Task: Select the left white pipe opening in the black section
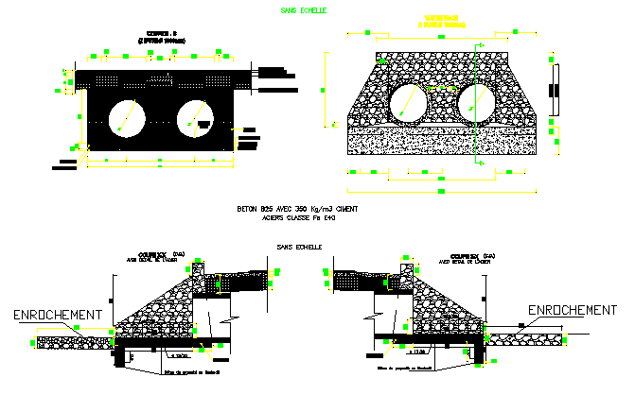126,115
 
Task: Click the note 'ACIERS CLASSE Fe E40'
298,217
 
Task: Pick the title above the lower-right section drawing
471,257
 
